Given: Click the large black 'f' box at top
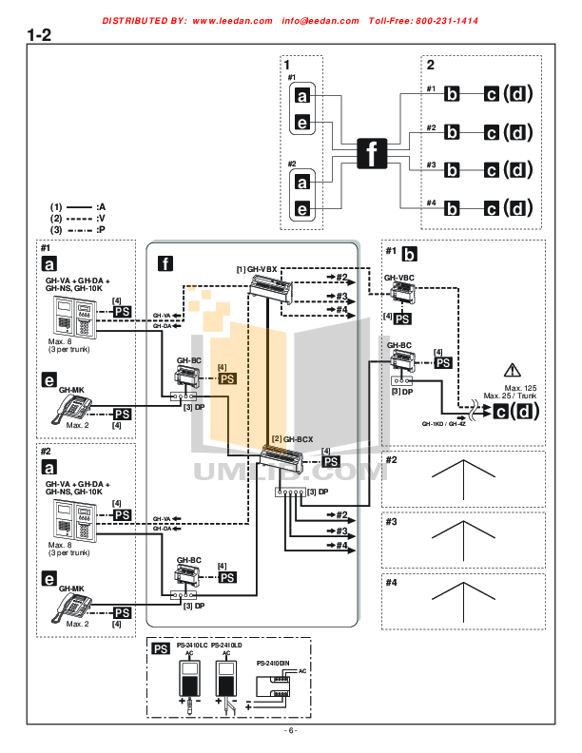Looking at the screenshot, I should (372, 152).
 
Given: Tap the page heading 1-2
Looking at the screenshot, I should (39, 36).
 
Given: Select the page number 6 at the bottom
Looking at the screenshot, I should (291, 731).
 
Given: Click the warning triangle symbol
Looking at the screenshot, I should (514, 370).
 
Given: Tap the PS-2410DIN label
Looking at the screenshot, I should (274, 662).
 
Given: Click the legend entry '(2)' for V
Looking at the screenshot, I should (57, 218).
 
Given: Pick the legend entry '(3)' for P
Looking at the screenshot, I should (57, 230).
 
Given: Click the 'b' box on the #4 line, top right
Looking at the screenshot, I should (453, 208).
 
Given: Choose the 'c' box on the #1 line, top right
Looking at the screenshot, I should (491, 94).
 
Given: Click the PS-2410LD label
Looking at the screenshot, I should (228, 645).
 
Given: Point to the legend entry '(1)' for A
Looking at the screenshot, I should (57, 205).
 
